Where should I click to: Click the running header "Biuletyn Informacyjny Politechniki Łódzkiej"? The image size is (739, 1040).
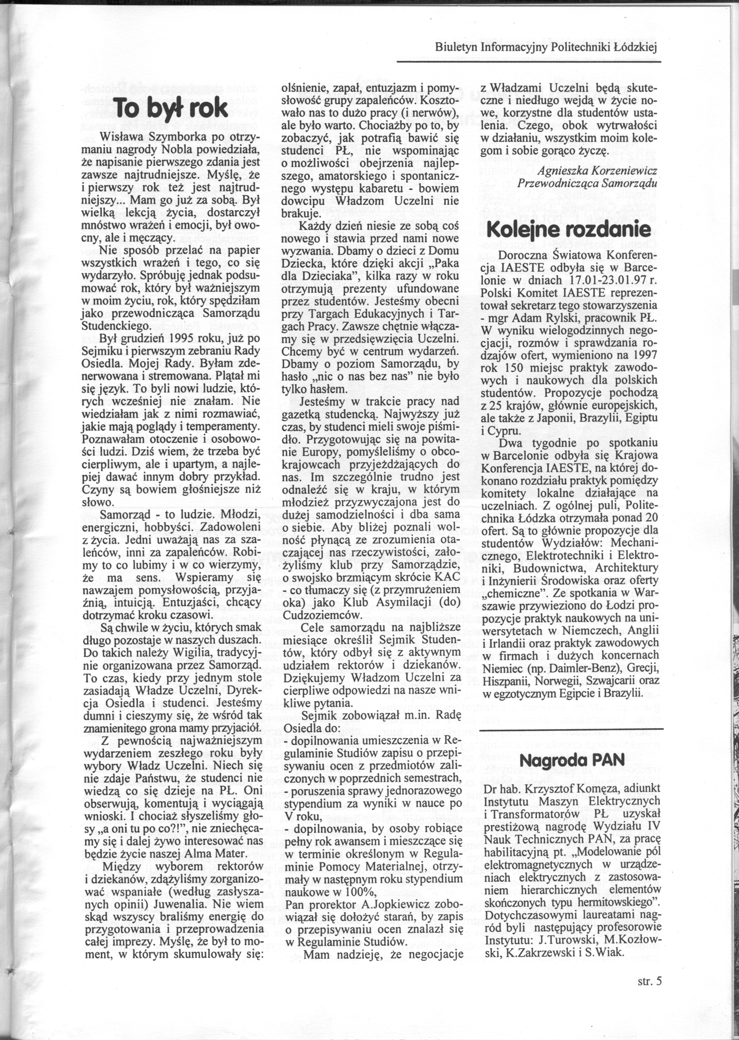[547, 47]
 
